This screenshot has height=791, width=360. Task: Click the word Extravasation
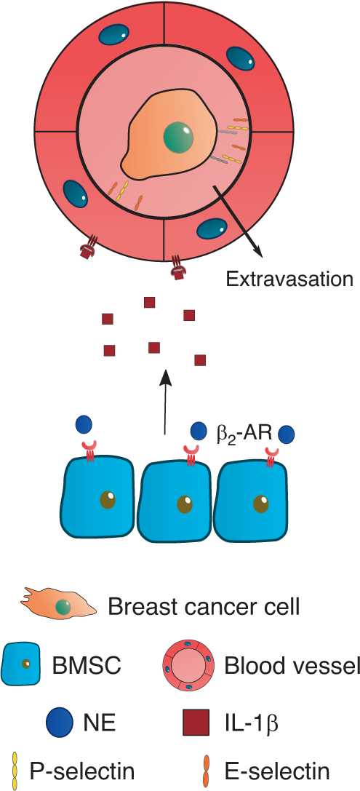tap(289, 279)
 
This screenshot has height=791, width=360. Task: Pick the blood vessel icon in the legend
tap(188, 665)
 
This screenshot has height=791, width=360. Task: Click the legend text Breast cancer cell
tap(203, 606)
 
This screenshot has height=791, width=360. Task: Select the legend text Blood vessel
tap(292, 665)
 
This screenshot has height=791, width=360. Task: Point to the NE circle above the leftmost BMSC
tap(84, 424)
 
